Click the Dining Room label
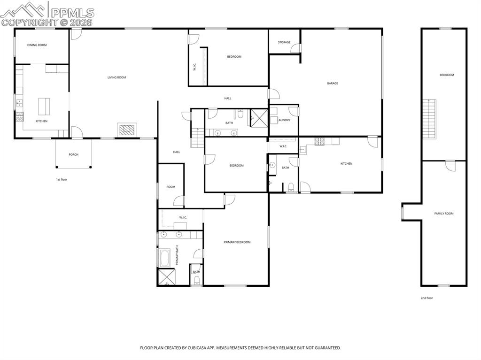pos(37,45)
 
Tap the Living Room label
pos(116,77)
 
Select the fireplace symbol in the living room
pos(127,130)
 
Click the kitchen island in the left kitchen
pos(44,106)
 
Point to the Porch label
pos(73,154)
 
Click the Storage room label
pos(284,42)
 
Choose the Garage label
pos(333,84)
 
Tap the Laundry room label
pos(284,120)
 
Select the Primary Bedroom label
pos(237,242)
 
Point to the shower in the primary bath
pos(165,277)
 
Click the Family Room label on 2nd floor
pos(444,214)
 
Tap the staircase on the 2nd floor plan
pos(429,119)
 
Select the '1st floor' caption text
pos(62,179)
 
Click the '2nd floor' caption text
pos(427,298)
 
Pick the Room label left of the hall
pos(171,187)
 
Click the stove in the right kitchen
pos(320,141)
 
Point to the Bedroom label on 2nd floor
pos(447,75)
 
